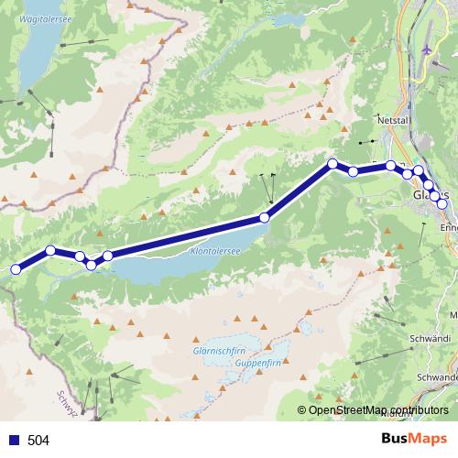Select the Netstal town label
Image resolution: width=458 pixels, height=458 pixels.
tap(390, 120)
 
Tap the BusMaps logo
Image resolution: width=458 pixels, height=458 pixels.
tap(414, 440)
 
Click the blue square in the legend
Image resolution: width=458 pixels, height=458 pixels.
tap(13, 441)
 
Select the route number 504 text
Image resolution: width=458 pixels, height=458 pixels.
tap(38, 441)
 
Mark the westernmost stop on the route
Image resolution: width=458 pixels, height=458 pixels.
tap(15, 269)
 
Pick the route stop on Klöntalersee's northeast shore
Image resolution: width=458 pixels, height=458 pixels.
tap(265, 217)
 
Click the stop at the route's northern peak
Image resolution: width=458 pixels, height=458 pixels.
tap(333, 165)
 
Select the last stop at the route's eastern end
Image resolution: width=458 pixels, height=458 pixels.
tap(442, 204)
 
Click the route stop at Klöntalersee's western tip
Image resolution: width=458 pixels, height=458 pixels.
tap(108, 256)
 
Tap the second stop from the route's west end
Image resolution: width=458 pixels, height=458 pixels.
tap(50, 250)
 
